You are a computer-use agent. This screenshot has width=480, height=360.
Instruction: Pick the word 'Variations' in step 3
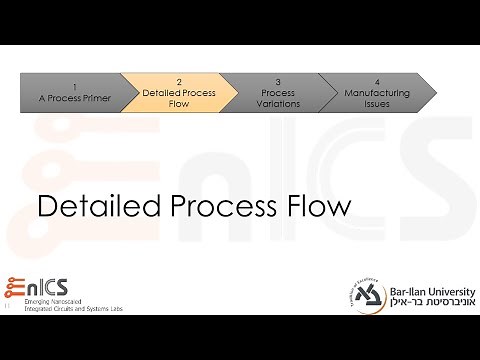pyautogui.click(x=278, y=102)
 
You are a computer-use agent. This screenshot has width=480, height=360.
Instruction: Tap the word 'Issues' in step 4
pyautogui.click(x=377, y=102)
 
